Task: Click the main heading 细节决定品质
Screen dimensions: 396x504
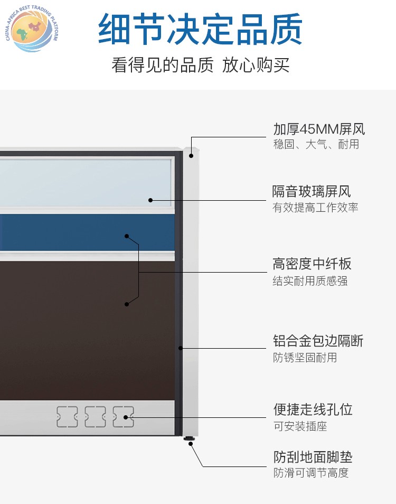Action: (200, 29)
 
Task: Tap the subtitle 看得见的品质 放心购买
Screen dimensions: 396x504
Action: (201, 65)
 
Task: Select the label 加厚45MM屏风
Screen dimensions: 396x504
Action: (319, 129)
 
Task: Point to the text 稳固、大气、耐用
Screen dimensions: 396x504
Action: (316, 144)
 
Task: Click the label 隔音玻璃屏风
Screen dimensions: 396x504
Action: (311, 192)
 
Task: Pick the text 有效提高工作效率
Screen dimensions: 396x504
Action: (315, 207)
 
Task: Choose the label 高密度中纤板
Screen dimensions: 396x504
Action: (312, 264)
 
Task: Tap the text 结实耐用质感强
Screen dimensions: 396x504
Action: (310, 281)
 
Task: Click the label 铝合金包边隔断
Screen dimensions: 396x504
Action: (318, 341)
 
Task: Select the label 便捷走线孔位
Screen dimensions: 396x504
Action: (313, 410)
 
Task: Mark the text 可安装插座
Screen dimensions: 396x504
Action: (300, 426)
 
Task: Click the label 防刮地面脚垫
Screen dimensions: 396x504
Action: (313, 457)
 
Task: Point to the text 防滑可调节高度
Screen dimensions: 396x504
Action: (311, 473)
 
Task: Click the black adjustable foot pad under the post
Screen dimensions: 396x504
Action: (190, 438)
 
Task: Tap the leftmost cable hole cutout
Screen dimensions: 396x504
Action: (67, 417)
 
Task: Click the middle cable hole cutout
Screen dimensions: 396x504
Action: (95, 417)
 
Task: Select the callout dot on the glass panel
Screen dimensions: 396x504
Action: (150, 200)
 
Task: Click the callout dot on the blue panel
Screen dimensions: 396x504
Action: (127, 236)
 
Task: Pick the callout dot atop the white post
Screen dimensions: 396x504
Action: (191, 156)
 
